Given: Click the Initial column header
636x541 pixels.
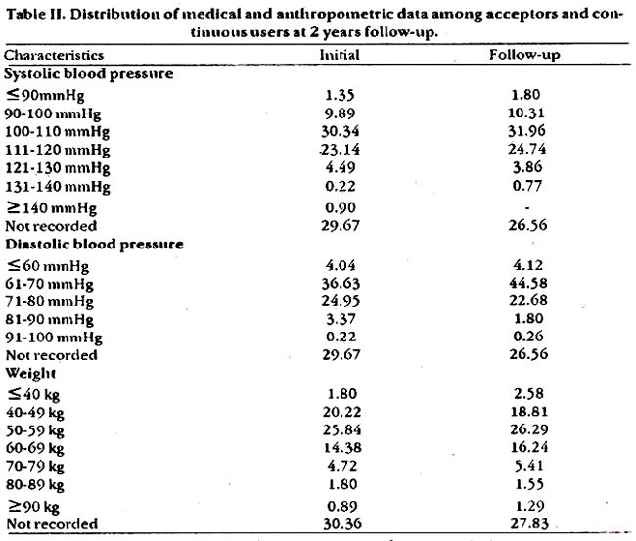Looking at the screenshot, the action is [340, 55].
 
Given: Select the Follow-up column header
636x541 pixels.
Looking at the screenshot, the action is [524, 55].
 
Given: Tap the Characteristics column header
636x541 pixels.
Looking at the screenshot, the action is [54, 55].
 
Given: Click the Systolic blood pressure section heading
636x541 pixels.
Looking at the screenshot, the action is [89, 74].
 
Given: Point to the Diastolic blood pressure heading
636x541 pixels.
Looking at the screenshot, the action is [94, 245].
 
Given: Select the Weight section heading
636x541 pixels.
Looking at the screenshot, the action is [31, 374].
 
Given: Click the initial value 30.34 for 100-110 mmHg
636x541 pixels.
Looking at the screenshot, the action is [341, 131].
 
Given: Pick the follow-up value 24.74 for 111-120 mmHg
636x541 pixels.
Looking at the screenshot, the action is [526, 149].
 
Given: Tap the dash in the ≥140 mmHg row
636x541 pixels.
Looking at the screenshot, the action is [526, 208].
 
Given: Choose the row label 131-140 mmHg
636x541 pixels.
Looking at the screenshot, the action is [57, 187].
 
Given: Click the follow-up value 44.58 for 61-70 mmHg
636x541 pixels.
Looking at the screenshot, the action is [528, 283].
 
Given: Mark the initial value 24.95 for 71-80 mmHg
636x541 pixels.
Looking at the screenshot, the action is [341, 301].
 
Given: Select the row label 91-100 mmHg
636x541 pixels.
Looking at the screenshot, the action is [54, 338].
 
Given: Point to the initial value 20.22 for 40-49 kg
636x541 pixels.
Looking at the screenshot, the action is [341, 412].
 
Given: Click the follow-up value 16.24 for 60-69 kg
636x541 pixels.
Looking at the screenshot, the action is [529, 447].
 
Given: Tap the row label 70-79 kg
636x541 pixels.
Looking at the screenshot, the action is [35, 467].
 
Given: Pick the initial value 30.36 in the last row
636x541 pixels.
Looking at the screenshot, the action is [342, 524].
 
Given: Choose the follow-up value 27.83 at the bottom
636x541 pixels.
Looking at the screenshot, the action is [529, 523].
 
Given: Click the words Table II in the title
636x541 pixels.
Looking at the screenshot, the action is [35, 15].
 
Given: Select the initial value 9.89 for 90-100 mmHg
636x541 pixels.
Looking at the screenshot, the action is [340, 113].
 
